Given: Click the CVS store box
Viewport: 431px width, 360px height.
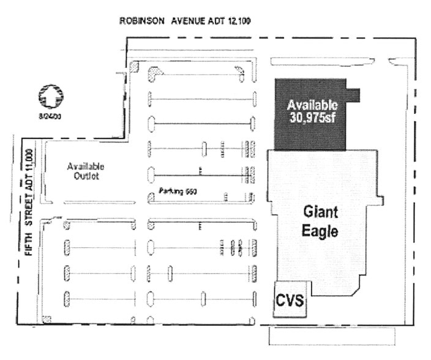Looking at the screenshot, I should pos(290,301).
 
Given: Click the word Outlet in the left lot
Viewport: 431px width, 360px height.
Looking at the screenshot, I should pos(84,177).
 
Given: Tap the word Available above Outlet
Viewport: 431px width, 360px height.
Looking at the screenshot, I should pos(85,167).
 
